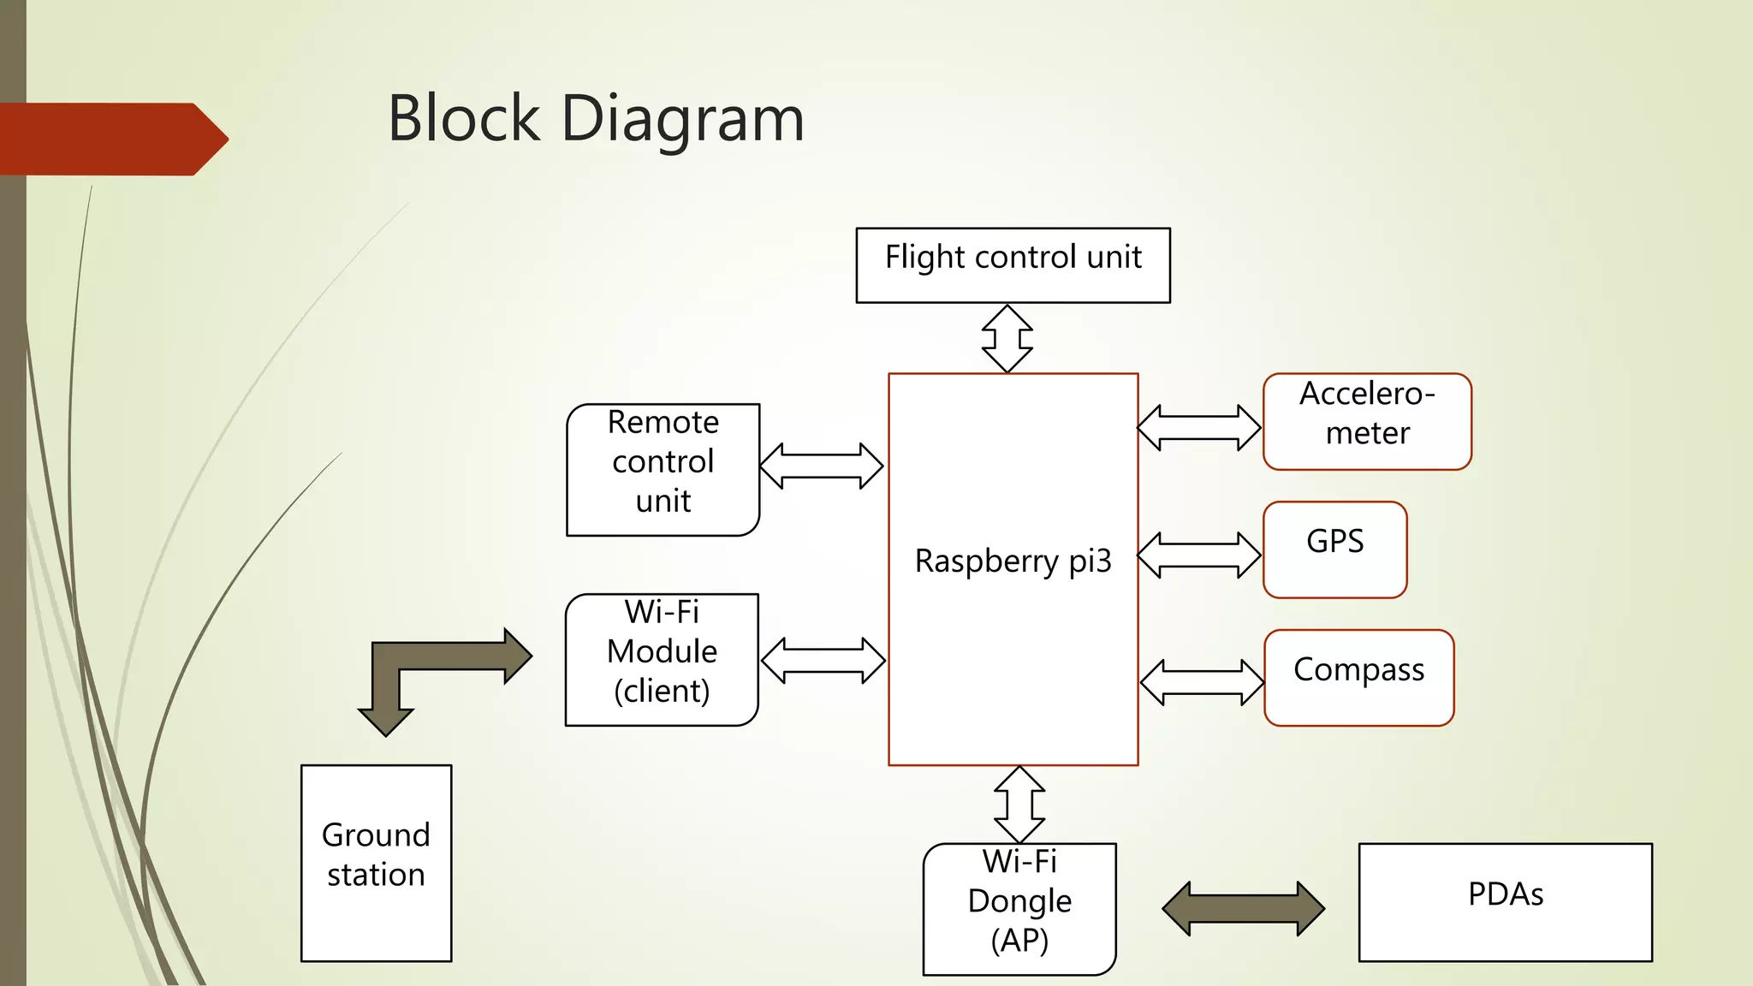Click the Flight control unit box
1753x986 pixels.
1013,265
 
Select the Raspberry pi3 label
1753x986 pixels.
1013,561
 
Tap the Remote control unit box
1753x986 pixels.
663,470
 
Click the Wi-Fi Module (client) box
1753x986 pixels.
662,660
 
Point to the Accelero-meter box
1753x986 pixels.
1367,421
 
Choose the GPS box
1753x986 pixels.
1334,549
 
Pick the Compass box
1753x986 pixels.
1358,678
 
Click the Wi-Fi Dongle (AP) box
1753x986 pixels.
1019,909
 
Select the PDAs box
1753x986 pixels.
1505,902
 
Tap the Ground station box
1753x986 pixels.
376,863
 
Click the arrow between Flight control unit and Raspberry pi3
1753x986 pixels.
1007,339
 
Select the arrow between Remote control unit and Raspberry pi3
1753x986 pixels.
821,466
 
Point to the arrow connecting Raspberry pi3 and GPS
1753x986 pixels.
1198,555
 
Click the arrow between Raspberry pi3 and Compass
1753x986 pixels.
1202,682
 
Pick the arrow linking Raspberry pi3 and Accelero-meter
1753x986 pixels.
1198,427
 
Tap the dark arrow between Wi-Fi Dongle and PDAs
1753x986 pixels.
1243,908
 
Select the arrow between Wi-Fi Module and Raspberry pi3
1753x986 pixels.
823,661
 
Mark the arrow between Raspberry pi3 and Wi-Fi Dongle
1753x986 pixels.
1019,805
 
